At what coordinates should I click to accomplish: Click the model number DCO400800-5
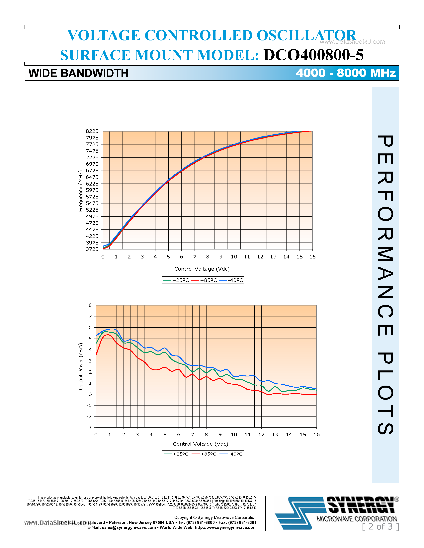313,55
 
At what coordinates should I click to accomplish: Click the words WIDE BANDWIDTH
78,73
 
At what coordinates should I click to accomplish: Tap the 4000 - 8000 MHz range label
346,73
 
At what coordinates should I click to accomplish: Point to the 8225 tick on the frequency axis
92,131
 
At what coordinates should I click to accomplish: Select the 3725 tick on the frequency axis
92,249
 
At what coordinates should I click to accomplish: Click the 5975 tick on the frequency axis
92,190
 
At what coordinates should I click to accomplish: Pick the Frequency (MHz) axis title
81,191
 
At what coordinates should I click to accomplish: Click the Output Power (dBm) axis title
81,366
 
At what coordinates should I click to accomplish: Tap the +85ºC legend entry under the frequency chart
204,280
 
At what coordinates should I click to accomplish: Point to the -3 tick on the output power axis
89,428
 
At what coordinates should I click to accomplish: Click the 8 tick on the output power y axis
90,305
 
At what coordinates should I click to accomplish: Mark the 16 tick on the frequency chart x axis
312,257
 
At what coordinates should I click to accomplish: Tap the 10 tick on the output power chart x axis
234,435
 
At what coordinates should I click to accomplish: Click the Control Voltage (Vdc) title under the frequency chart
202,269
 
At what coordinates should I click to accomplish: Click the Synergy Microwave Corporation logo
337,513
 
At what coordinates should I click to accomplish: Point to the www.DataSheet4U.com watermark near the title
352,42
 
